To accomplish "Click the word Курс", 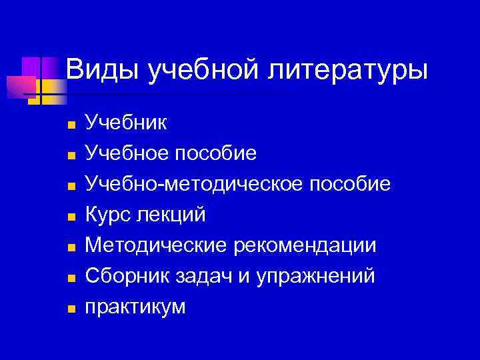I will coord(108,215).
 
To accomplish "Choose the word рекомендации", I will coord(305,245).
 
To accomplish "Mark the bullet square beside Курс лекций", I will coord(71,217).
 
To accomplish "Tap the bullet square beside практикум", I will coord(71,309).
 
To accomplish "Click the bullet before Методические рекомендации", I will coord(71,247).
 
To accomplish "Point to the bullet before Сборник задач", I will coord(71,278).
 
